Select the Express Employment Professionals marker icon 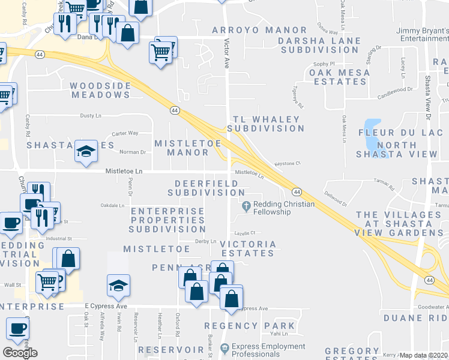pyautogui.click(x=224, y=347)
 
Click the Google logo pyautogui.click(x=20, y=353)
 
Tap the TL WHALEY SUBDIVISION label pyautogui.click(x=265, y=123)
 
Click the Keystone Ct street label pyautogui.click(x=287, y=163)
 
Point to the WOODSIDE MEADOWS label pyautogui.click(x=101, y=90)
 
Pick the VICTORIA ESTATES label pyautogui.click(x=248, y=248)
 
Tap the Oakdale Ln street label pyautogui.click(x=112, y=205)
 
